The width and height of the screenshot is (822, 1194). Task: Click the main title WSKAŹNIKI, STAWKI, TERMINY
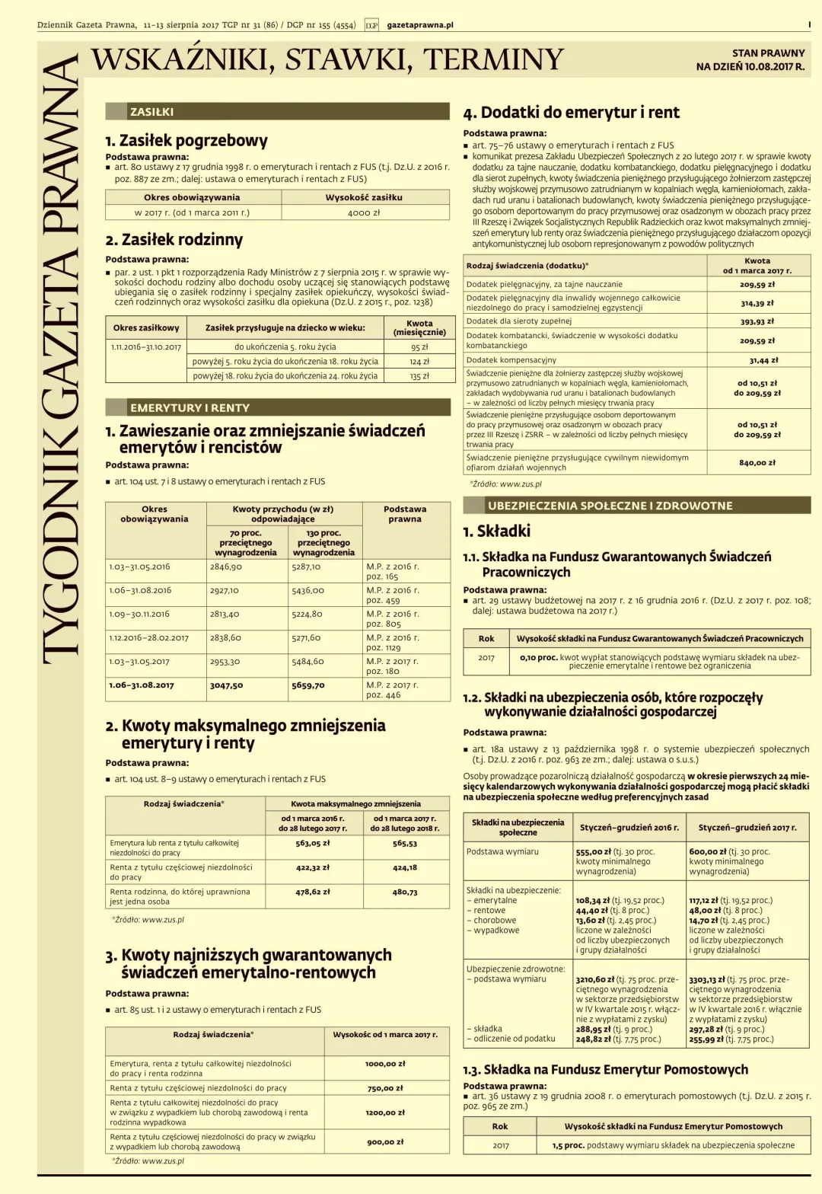(x=327, y=60)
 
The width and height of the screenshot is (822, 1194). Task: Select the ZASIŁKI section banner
(x=152, y=112)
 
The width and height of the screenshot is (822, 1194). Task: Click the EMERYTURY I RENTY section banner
(x=190, y=407)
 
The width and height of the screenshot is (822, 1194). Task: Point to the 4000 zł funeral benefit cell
(x=364, y=213)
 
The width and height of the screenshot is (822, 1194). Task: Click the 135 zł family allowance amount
(x=419, y=375)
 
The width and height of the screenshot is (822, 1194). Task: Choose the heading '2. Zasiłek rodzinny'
(x=174, y=240)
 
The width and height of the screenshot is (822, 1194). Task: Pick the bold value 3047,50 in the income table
(x=226, y=685)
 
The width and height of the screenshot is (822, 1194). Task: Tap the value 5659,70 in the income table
(x=308, y=685)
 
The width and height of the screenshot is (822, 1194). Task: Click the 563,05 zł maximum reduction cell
(x=313, y=843)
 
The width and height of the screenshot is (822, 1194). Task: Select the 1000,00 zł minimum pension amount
(x=385, y=1064)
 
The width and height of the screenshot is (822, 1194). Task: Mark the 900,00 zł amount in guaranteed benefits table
(x=385, y=1141)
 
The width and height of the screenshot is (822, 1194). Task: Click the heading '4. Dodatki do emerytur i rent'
(x=571, y=113)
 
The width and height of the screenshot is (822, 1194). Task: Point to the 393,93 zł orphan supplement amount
(x=757, y=321)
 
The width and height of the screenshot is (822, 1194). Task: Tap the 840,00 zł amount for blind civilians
(x=757, y=462)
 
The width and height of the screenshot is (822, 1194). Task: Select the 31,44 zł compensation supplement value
(x=763, y=360)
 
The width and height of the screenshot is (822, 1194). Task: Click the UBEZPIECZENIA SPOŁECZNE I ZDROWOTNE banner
(x=610, y=506)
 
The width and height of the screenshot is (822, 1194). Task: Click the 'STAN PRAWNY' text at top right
(x=768, y=53)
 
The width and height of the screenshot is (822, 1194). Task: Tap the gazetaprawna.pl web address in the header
(x=420, y=25)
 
